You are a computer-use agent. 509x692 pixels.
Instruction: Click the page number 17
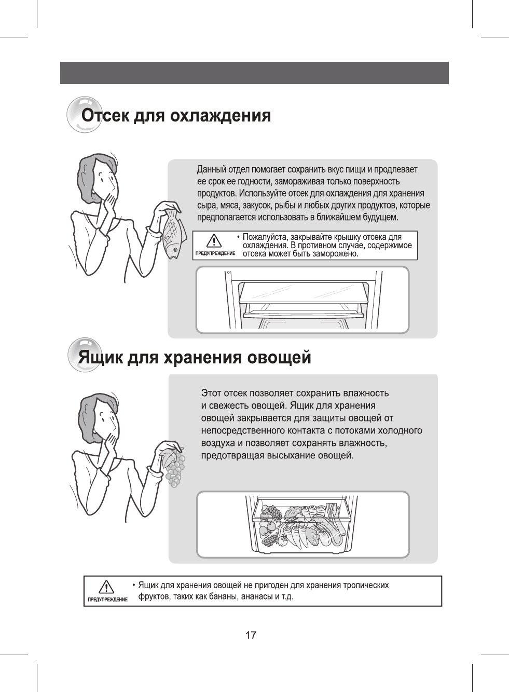pyautogui.click(x=251, y=635)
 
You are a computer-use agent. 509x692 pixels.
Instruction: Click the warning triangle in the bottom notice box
pyautogui.click(x=106, y=587)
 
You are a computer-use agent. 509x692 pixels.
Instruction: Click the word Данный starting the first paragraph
pyautogui.click(x=212, y=170)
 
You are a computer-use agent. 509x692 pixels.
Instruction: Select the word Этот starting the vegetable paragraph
pyautogui.click(x=213, y=392)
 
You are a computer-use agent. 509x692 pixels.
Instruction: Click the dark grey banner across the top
pyautogui.click(x=254, y=73)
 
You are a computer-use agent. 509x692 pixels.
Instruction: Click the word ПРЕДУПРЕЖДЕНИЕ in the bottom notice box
pyautogui.click(x=107, y=600)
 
